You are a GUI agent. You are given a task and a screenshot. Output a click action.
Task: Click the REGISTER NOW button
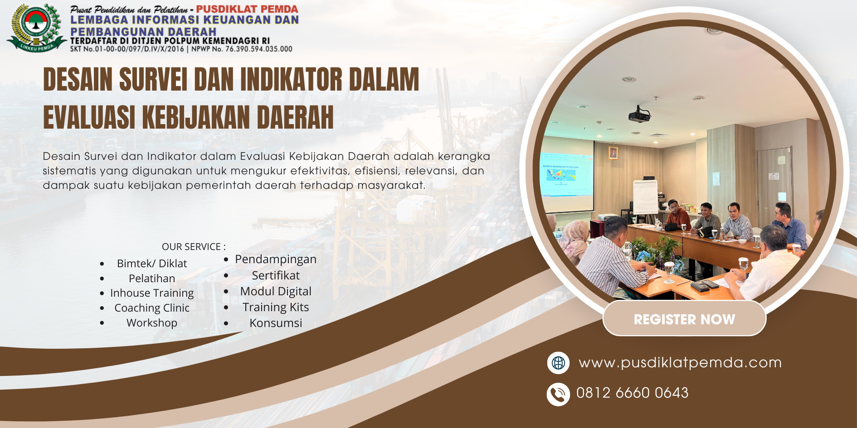coord(684,318)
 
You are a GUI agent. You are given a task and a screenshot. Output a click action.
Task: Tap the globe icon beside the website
coord(558,363)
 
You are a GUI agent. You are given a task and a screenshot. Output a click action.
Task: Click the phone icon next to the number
coord(558,394)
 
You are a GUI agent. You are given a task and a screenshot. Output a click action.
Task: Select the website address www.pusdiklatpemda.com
coord(680,363)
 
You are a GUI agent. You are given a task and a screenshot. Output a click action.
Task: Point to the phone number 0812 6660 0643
coord(632,393)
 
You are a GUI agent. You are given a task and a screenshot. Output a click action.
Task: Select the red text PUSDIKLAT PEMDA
coord(247,9)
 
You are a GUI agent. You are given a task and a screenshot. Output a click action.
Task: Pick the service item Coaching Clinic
coord(152,308)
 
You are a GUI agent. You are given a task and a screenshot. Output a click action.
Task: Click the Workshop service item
coord(152,323)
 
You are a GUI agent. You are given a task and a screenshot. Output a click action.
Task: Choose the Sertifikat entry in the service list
coord(276,275)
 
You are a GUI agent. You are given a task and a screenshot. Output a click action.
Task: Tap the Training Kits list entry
coord(276,307)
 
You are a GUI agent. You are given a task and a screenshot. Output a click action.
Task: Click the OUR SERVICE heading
coord(194,247)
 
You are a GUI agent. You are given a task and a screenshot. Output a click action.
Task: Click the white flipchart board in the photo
coord(645,197)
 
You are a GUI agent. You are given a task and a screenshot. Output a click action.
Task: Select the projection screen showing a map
coord(567,176)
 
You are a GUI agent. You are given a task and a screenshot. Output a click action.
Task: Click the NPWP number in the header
coord(242,49)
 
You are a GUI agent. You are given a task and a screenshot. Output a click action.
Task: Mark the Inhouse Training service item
coord(152,293)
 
